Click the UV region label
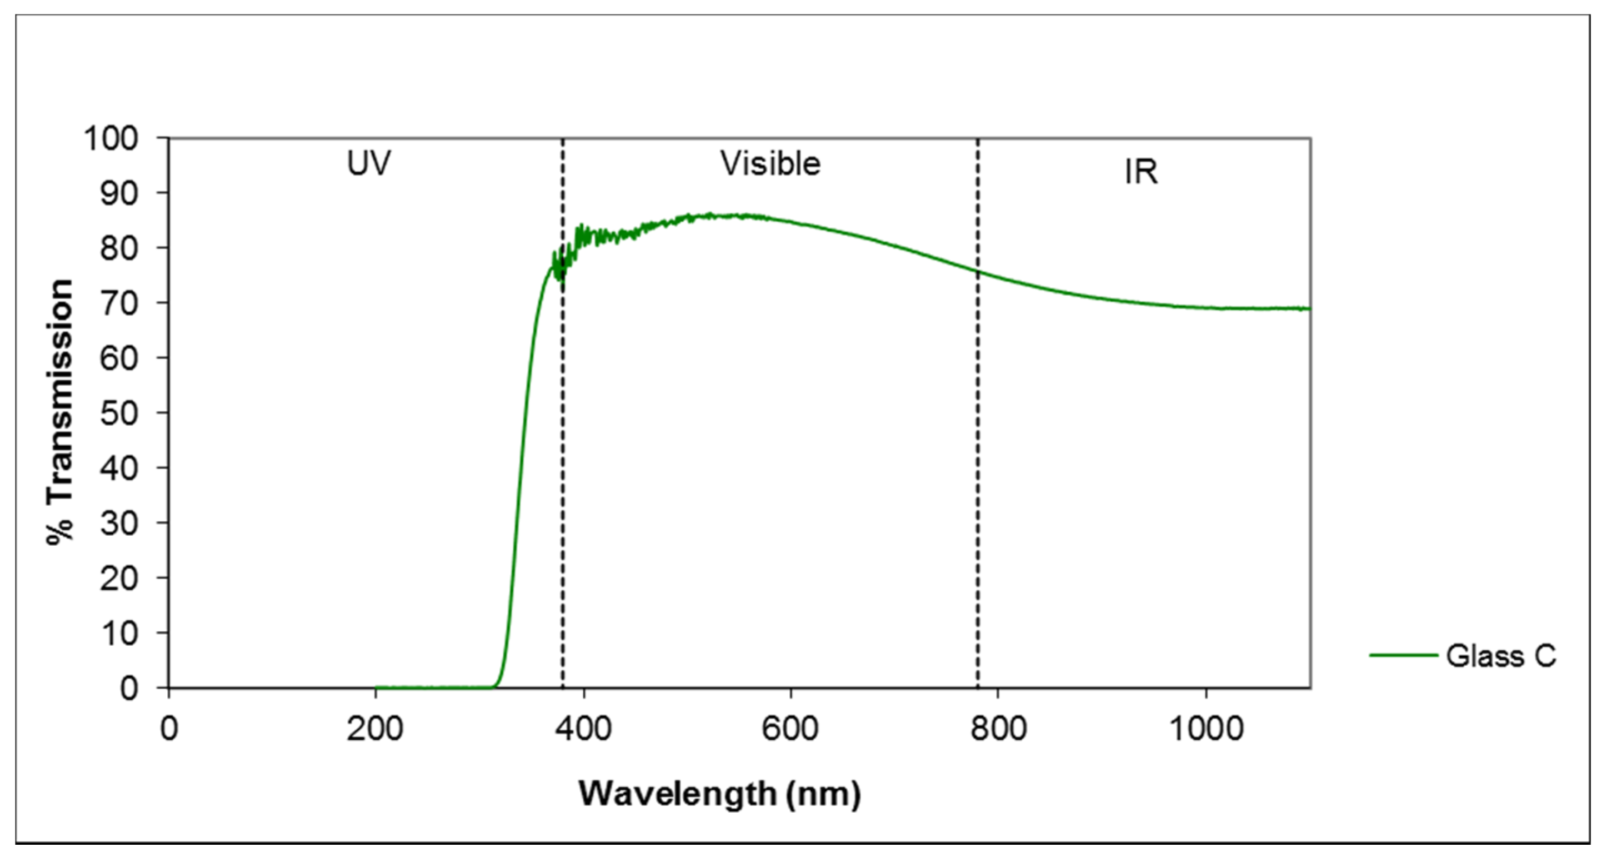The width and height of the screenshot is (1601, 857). pos(368,164)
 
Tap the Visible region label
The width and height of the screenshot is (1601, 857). pos(770,164)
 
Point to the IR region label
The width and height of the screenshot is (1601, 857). pos(1141,172)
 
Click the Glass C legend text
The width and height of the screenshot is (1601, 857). pos(1501,656)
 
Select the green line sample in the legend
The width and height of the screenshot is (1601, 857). pos(1403,655)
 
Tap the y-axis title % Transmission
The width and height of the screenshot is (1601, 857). pos(61,412)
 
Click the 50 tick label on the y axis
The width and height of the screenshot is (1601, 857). pos(119,413)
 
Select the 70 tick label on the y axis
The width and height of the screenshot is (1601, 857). pos(119,303)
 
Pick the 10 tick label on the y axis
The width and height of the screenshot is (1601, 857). pos(119,633)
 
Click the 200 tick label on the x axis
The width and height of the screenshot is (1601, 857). pos(375,728)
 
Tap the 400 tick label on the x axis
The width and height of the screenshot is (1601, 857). pos(583,728)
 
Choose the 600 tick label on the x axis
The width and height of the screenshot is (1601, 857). pos(790,728)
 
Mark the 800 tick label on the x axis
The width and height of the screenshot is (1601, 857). pos(998,728)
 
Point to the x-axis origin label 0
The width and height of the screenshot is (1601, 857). pos(168,728)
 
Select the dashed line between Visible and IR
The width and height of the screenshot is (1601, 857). pos(978,472)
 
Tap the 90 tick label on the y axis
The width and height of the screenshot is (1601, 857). pos(119,193)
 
